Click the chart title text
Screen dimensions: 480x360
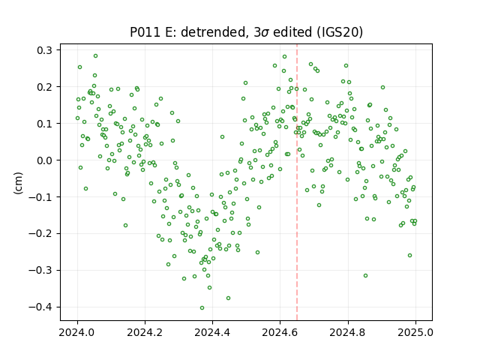(246, 32)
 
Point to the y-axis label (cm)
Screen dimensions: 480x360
(18, 183)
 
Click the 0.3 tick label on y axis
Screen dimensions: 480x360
(44, 50)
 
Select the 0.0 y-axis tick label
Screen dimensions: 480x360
(44, 160)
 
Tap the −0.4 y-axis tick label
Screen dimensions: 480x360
(40, 307)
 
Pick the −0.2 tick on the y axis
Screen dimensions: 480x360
(40, 233)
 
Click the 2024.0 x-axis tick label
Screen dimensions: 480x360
(77, 332)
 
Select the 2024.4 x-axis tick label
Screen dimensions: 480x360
(212, 332)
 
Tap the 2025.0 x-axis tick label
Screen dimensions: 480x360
(415, 332)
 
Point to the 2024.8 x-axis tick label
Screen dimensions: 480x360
(348, 332)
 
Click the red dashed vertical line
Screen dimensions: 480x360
(297, 182)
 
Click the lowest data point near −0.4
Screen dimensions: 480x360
(202, 308)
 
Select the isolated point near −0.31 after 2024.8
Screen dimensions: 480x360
(365, 276)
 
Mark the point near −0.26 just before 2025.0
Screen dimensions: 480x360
(410, 255)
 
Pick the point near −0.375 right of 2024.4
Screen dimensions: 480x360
(228, 298)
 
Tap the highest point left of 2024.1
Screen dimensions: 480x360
(95, 56)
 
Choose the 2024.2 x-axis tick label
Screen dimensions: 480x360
(145, 332)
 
